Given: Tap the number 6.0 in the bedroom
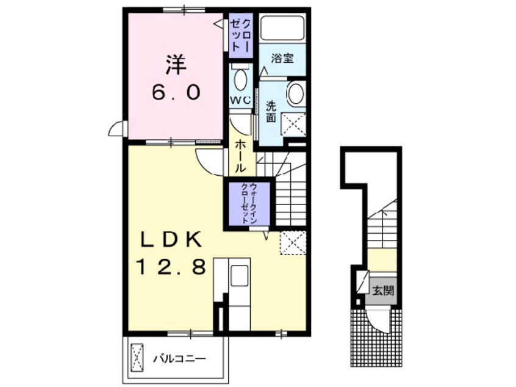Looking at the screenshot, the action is (x=176, y=92).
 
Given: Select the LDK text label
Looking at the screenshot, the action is (x=171, y=241).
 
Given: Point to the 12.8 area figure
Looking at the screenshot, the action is (x=171, y=267).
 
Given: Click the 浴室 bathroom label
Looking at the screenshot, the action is (x=282, y=59).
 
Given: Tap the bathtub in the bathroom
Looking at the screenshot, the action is (x=282, y=28).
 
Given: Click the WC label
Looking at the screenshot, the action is (x=240, y=99).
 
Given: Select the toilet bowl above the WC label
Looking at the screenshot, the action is (x=241, y=78).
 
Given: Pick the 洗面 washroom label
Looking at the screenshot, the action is (x=271, y=112).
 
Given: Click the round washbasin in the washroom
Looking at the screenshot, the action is (x=296, y=93).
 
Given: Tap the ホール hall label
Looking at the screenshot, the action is (x=241, y=156).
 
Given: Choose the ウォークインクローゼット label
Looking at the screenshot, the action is (x=249, y=204).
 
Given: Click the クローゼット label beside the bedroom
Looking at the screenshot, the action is (x=241, y=35).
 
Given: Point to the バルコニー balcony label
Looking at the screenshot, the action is (x=180, y=358).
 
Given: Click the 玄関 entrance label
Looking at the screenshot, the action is (x=383, y=291).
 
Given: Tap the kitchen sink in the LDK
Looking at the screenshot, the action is (x=240, y=276).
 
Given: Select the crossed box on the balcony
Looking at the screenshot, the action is (x=137, y=357).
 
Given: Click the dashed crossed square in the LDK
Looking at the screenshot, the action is (x=293, y=243).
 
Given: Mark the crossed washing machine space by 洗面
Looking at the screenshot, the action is (x=293, y=123).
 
